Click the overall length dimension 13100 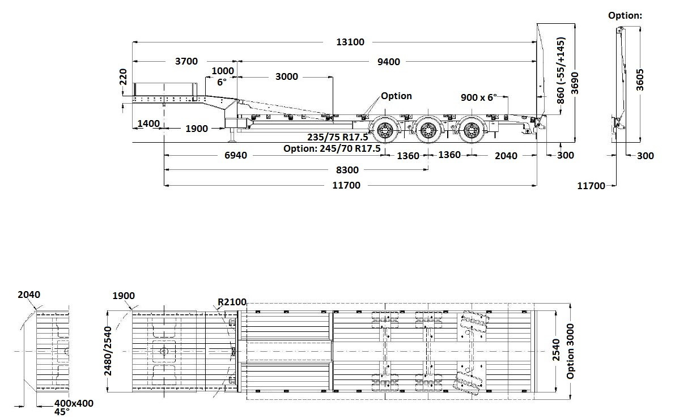click(x=350, y=42)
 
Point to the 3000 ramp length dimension click(x=287, y=77)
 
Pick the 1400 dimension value click(x=148, y=123)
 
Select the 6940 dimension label click(x=232, y=155)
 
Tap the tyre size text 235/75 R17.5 click(x=338, y=137)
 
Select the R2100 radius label click(x=232, y=302)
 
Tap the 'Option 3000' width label click(x=571, y=352)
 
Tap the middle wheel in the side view click(x=427, y=133)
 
